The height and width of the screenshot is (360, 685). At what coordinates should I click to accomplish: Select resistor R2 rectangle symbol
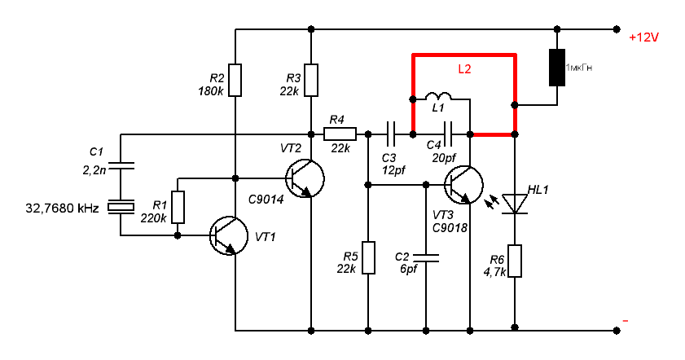[235, 79]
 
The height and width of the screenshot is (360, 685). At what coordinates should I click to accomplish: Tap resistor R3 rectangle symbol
[310, 79]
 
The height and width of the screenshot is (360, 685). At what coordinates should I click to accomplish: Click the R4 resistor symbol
[340, 134]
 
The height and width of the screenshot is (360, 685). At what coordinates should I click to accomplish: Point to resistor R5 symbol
[368, 257]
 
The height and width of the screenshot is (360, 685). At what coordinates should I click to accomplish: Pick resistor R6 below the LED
[515, 261]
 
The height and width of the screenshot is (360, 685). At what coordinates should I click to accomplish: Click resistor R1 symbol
[178, 207]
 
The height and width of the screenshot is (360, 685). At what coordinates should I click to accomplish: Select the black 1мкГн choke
[558, 68]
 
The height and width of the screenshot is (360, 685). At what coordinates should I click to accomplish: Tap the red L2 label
[464, 70]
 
